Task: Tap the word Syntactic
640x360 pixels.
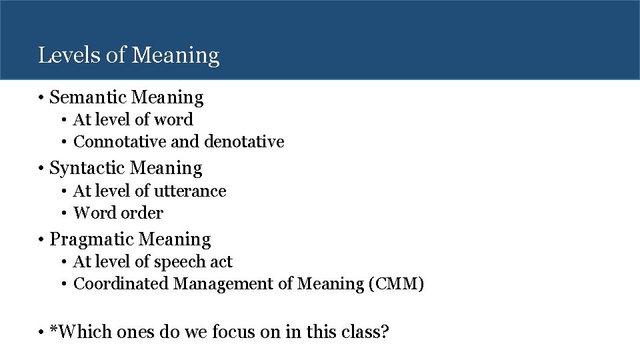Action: [x=89, y=168]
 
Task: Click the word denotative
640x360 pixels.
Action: [x=244, y=142]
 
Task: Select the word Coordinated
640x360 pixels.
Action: [x=121, y=284]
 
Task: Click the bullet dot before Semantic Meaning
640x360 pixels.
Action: [x=41, y=98]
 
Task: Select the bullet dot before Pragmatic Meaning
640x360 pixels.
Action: [x=41, y=239]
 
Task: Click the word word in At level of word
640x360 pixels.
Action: [x=173, y=120]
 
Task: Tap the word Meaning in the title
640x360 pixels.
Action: [x=176, y=55]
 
